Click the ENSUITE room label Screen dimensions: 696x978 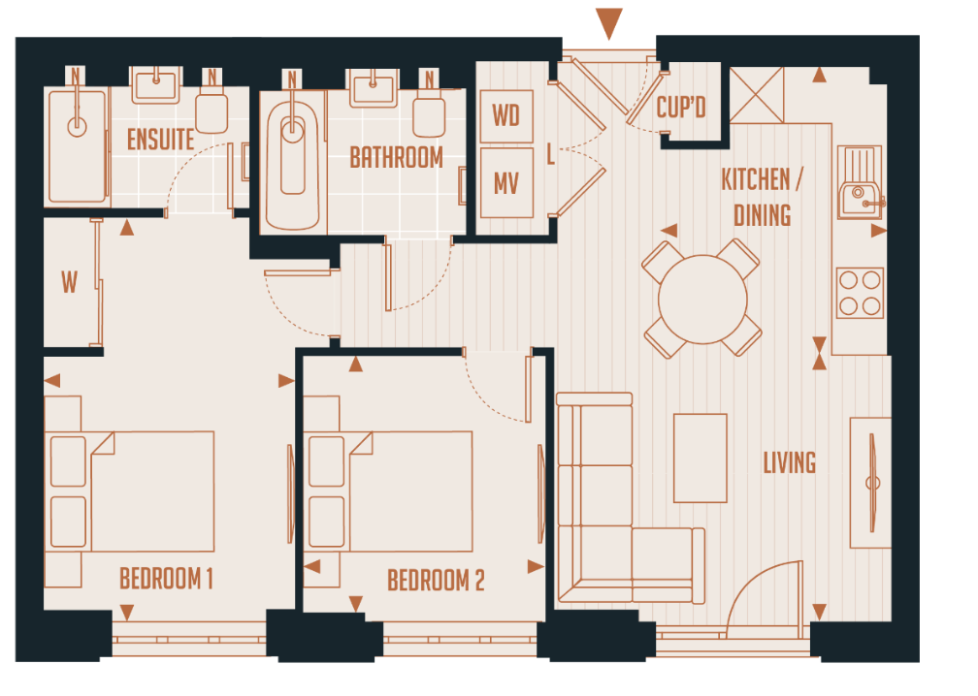160,140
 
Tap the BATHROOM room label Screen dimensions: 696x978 396,157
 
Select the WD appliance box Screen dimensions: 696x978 506,115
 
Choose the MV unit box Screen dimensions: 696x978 506,182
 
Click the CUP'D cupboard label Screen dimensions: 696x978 681,108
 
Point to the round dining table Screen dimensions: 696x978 702,298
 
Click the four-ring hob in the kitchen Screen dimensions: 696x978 861,293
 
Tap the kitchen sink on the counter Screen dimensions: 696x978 859,192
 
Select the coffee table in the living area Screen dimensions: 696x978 701,458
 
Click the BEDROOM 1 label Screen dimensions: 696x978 166,580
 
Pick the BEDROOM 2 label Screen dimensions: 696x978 436,581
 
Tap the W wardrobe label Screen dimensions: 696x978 69,283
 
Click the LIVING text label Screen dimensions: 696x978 789,462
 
